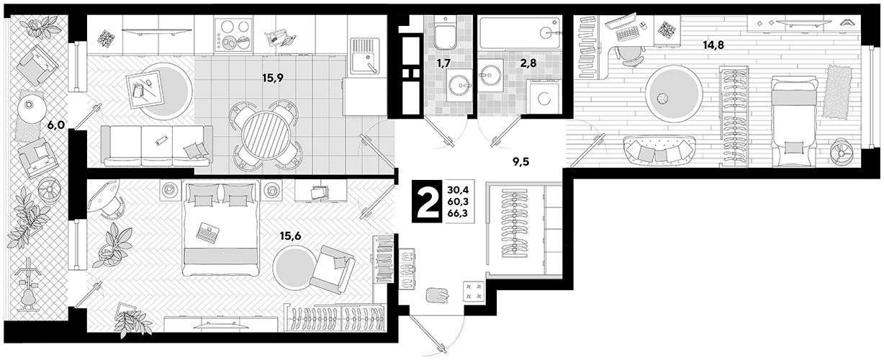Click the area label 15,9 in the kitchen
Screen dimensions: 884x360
pos(273,78)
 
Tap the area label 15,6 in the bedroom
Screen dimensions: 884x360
pos(290,236)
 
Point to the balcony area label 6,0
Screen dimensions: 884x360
pos(56,125)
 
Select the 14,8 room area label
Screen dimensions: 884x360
pos(713,45)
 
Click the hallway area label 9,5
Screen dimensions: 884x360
pos(521,161)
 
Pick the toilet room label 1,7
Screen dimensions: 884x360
pos(443,63)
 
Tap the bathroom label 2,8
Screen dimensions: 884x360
pos(528,63)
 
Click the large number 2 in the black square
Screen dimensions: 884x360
pos(427,202)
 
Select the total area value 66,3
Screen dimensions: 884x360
pos(458,214)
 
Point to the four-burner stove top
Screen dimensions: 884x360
pos(233,35)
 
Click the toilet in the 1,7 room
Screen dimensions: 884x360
pos(446,33)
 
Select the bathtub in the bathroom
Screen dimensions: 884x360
pos(519,33)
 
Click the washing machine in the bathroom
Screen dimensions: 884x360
pos(544,96)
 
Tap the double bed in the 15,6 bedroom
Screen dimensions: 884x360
pos(220,228)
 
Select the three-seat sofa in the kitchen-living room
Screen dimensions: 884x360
pos(156,146)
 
